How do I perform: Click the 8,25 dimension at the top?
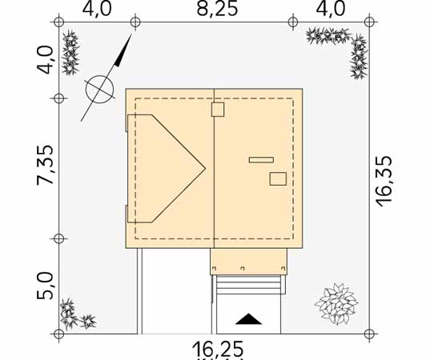(217, 9)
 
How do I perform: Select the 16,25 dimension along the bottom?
(218, 349)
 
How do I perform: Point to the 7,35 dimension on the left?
(45, 165)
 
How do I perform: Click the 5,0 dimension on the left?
(45, 286)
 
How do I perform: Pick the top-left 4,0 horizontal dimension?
(97, 9)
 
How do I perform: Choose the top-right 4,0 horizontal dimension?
(331, 9)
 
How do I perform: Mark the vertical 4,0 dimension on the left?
(45, 60)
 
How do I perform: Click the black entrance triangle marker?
(248, 319)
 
